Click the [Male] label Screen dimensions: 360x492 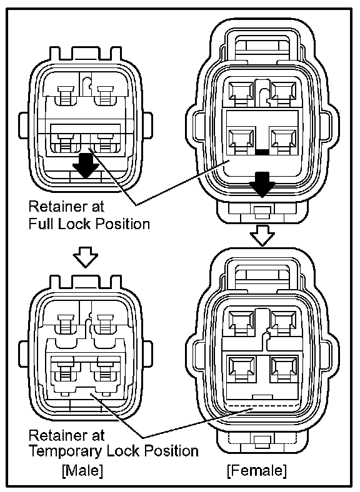82,470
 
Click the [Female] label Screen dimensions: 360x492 257,470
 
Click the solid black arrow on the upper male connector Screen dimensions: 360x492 86,165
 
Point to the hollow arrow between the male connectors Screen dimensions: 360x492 86,257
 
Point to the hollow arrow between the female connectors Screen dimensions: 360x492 262,235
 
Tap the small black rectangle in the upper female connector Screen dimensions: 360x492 262,152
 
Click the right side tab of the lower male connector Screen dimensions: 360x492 147,354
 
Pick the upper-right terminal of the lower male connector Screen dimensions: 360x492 104,324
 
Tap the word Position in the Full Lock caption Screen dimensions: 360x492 123,224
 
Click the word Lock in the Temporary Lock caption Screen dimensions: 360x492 123,451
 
